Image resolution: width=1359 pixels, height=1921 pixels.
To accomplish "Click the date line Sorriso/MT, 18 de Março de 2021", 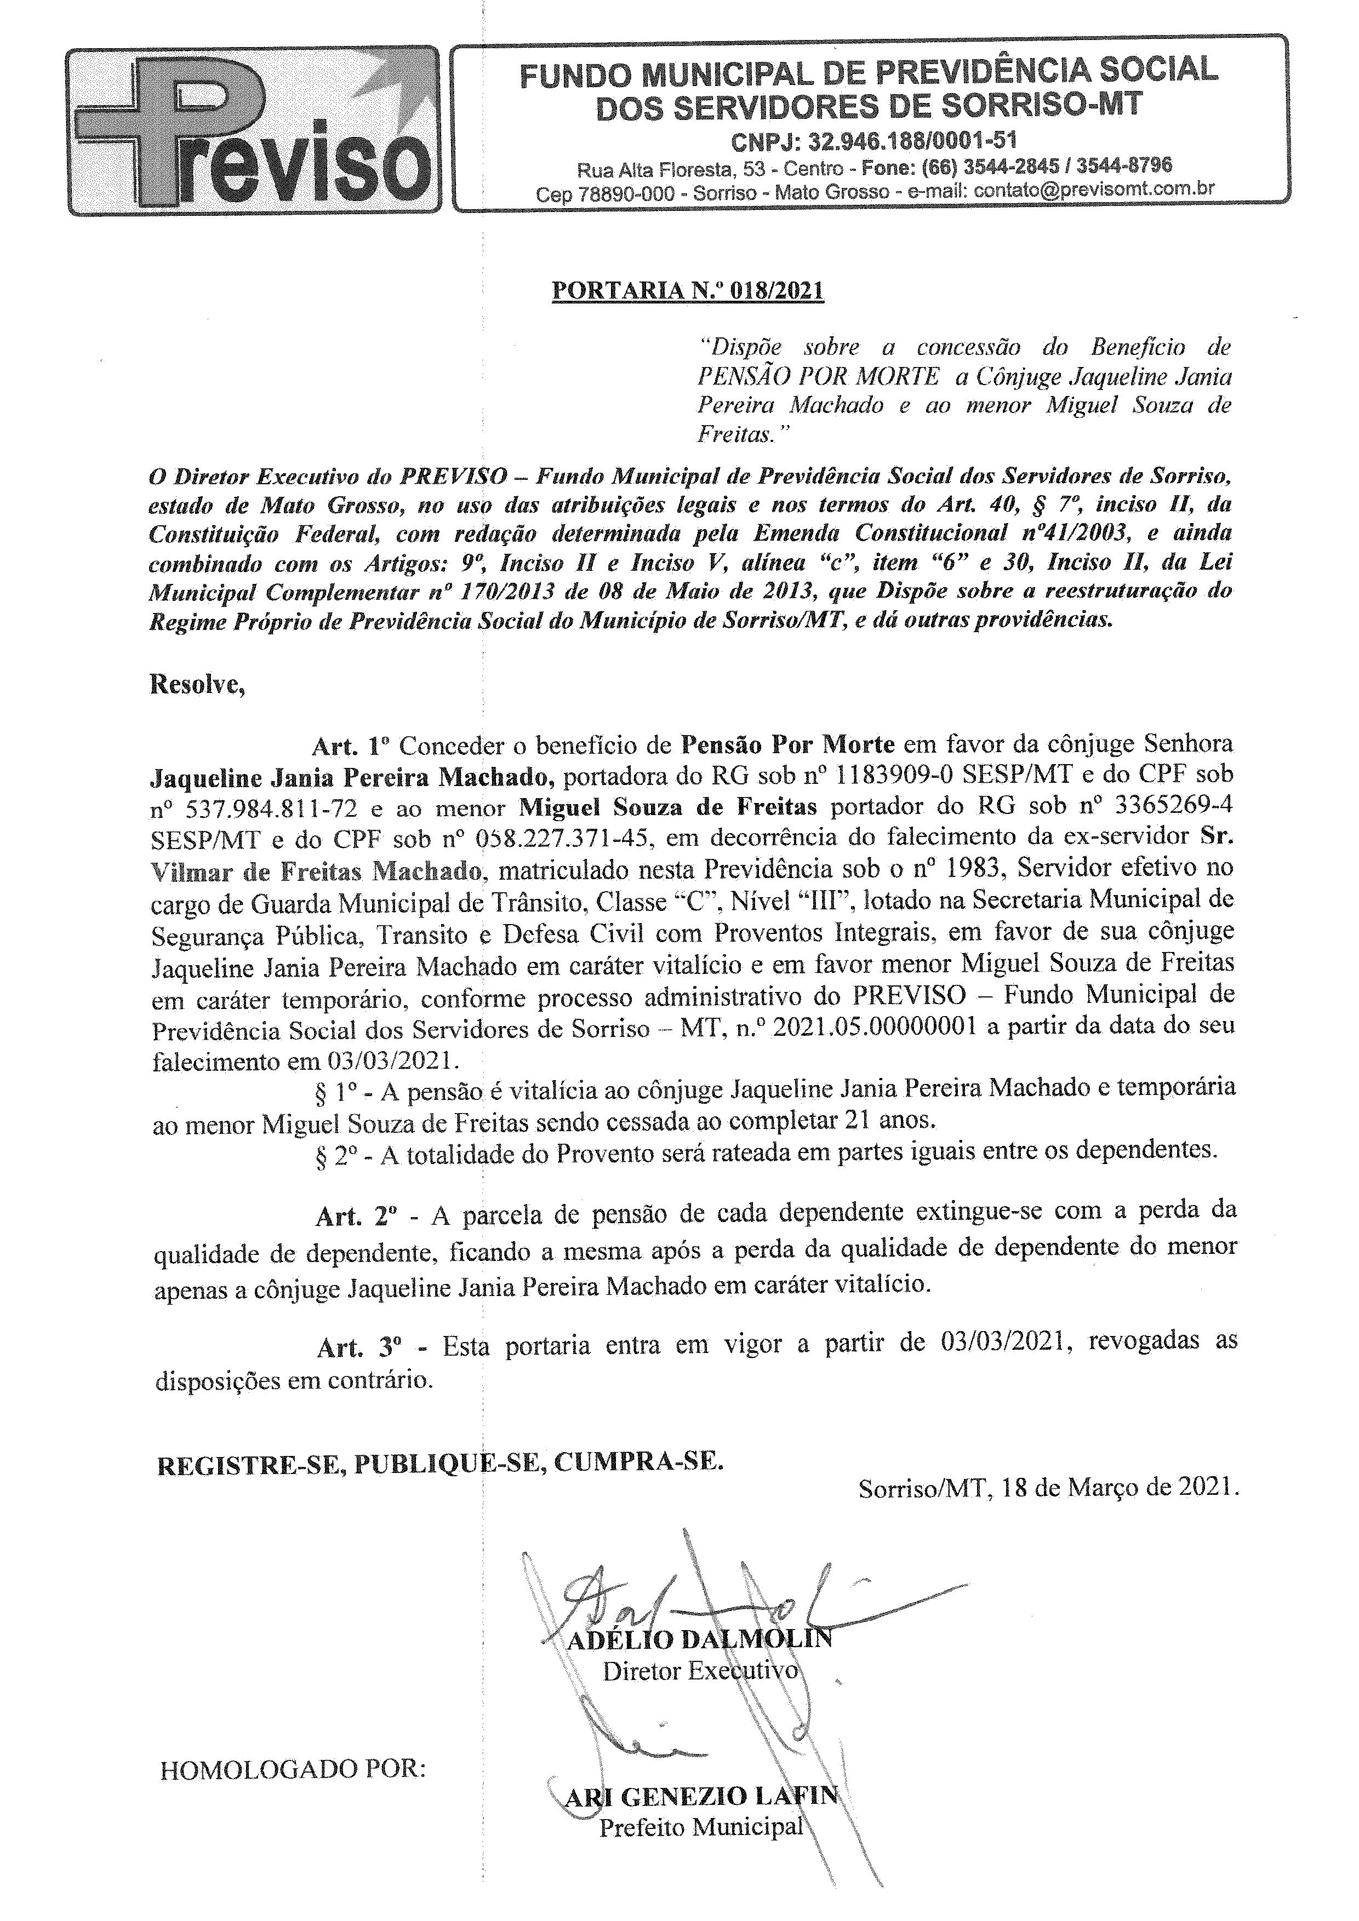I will (1048, 1487).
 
